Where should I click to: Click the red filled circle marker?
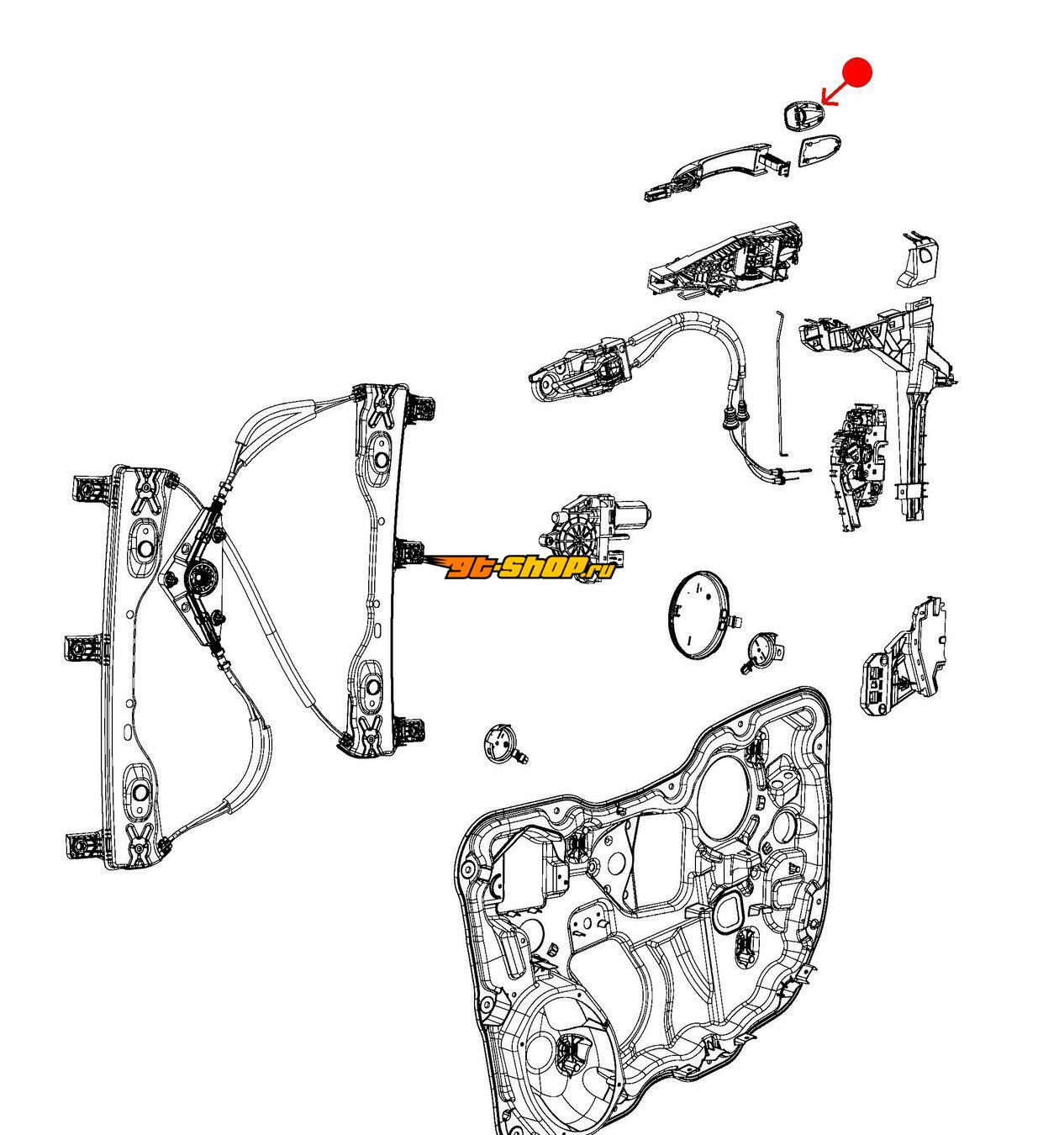856,72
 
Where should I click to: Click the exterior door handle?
715,172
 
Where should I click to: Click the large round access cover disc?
698,615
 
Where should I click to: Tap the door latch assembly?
857,467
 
